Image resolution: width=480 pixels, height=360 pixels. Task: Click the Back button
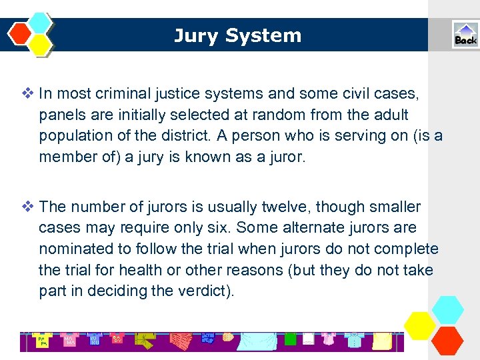pyautogui.click(x=465, y=35)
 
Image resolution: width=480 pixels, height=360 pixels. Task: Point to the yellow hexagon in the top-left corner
pyautogui.click(x=41, y=44)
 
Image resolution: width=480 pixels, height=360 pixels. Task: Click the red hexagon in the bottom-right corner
pyautogui.click(x=447, y=339)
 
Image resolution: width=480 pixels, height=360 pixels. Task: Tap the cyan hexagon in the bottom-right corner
pyautogui.click(x=447, y=309)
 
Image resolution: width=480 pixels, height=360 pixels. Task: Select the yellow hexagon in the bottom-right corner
pyautogui.click(x=421, y=325)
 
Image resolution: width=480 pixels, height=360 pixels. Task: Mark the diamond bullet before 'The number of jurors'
pyautogui.click(x=30, y=207)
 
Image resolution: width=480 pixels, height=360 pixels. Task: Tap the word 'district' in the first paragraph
pyautogui.click(x=175, y=137)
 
